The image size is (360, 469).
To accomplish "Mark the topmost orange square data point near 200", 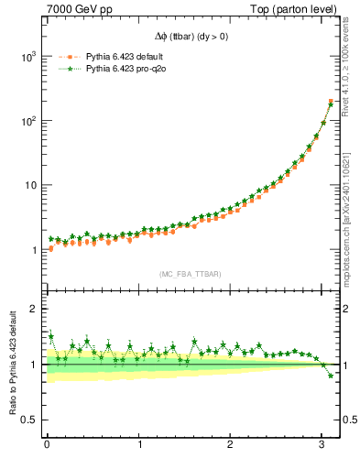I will [x=331, y=101].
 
